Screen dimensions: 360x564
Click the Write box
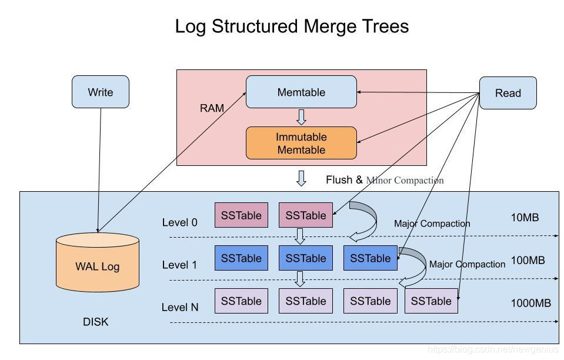(x=100, y=92)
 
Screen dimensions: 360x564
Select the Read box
(x=508, y=93)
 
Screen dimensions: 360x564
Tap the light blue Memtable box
(x=301, y=92)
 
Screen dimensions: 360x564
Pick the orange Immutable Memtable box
(x=301, y=143)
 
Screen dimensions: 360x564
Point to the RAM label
(x=212, y=108)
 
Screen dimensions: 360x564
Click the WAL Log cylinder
(x=97, y=265)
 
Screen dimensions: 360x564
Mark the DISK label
(x=96, y=322)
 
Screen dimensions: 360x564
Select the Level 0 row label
(x=180, y=222)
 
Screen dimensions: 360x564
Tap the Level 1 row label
(x=180, y=265)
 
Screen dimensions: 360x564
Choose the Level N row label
(x=180, y=307)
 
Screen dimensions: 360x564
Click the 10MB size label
(x=525, y=218)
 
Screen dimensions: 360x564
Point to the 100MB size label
(x=528, y=260)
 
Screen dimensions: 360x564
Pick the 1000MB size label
(x=530, y=303)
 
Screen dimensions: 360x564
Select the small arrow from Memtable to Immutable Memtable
(x=301, y=117)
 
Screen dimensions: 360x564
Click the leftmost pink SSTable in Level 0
(x=241, y=215)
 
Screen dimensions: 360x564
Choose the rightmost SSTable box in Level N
(x=431, y=301)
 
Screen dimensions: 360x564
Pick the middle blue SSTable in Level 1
(x=305, y=258)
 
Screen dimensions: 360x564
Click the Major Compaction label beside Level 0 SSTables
(x=432, y=224)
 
